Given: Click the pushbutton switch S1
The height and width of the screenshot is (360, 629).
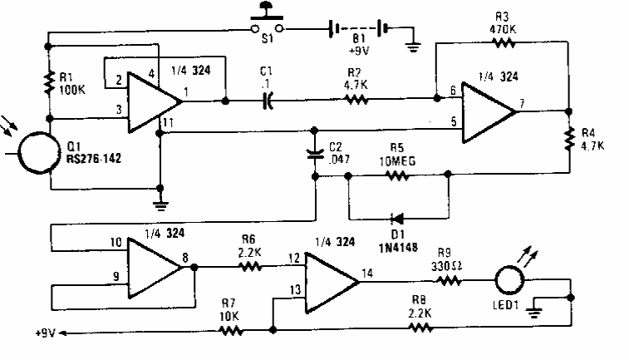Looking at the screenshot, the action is click(267, 20).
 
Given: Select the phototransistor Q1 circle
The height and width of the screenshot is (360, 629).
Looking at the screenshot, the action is click(20, 153).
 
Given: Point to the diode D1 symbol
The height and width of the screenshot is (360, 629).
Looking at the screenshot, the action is click(397, 219).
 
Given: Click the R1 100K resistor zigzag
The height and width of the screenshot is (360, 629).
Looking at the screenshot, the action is click(49, 82).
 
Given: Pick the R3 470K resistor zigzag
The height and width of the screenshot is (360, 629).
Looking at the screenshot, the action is click(504, 42).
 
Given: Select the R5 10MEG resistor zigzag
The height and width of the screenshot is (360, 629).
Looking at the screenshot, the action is click(396, 175).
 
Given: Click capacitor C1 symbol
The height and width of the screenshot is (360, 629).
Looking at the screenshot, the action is click(268, 101).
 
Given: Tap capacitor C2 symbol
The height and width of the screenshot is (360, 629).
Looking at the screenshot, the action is click(315, 153).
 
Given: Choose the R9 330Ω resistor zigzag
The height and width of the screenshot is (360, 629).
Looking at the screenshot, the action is click(448, 281).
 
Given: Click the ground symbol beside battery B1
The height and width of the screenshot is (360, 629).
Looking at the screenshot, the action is click(413, 47).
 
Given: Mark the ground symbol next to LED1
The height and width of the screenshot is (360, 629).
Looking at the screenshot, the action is click(534, 312).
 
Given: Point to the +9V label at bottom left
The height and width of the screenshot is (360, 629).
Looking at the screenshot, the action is click(45, 333).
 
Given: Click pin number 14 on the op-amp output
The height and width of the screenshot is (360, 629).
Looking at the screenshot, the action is click(367, 274).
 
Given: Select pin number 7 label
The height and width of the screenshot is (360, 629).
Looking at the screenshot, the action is click(522, 103).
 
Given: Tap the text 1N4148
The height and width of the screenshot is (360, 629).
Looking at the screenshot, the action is click(398, 247).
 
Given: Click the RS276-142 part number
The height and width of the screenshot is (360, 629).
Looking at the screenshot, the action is click(93, 159).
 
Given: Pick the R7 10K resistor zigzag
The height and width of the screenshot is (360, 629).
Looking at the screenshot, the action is click(231, 330).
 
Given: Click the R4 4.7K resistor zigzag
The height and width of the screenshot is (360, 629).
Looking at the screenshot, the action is click(569, 140).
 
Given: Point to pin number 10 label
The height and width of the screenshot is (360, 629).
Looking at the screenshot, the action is click(115, 242).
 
